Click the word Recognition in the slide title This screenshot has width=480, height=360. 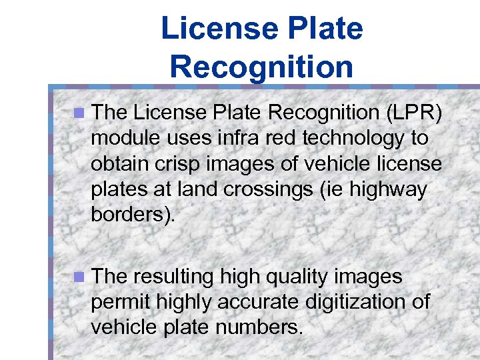coord(261,67)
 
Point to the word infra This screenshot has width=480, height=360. coord(237,139)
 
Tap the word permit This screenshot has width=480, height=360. coord(121,302)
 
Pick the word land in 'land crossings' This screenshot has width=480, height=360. coord(193,189)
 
